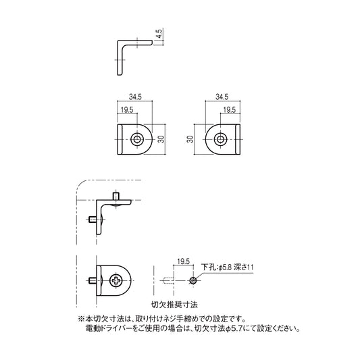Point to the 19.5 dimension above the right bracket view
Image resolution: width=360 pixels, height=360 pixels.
229,110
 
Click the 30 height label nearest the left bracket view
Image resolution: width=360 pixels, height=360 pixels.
161,139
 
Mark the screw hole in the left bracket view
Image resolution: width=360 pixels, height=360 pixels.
137,140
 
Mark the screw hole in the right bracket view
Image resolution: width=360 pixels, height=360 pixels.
220,140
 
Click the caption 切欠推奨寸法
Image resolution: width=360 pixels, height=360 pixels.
174,305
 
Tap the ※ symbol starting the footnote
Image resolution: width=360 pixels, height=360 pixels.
81,318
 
